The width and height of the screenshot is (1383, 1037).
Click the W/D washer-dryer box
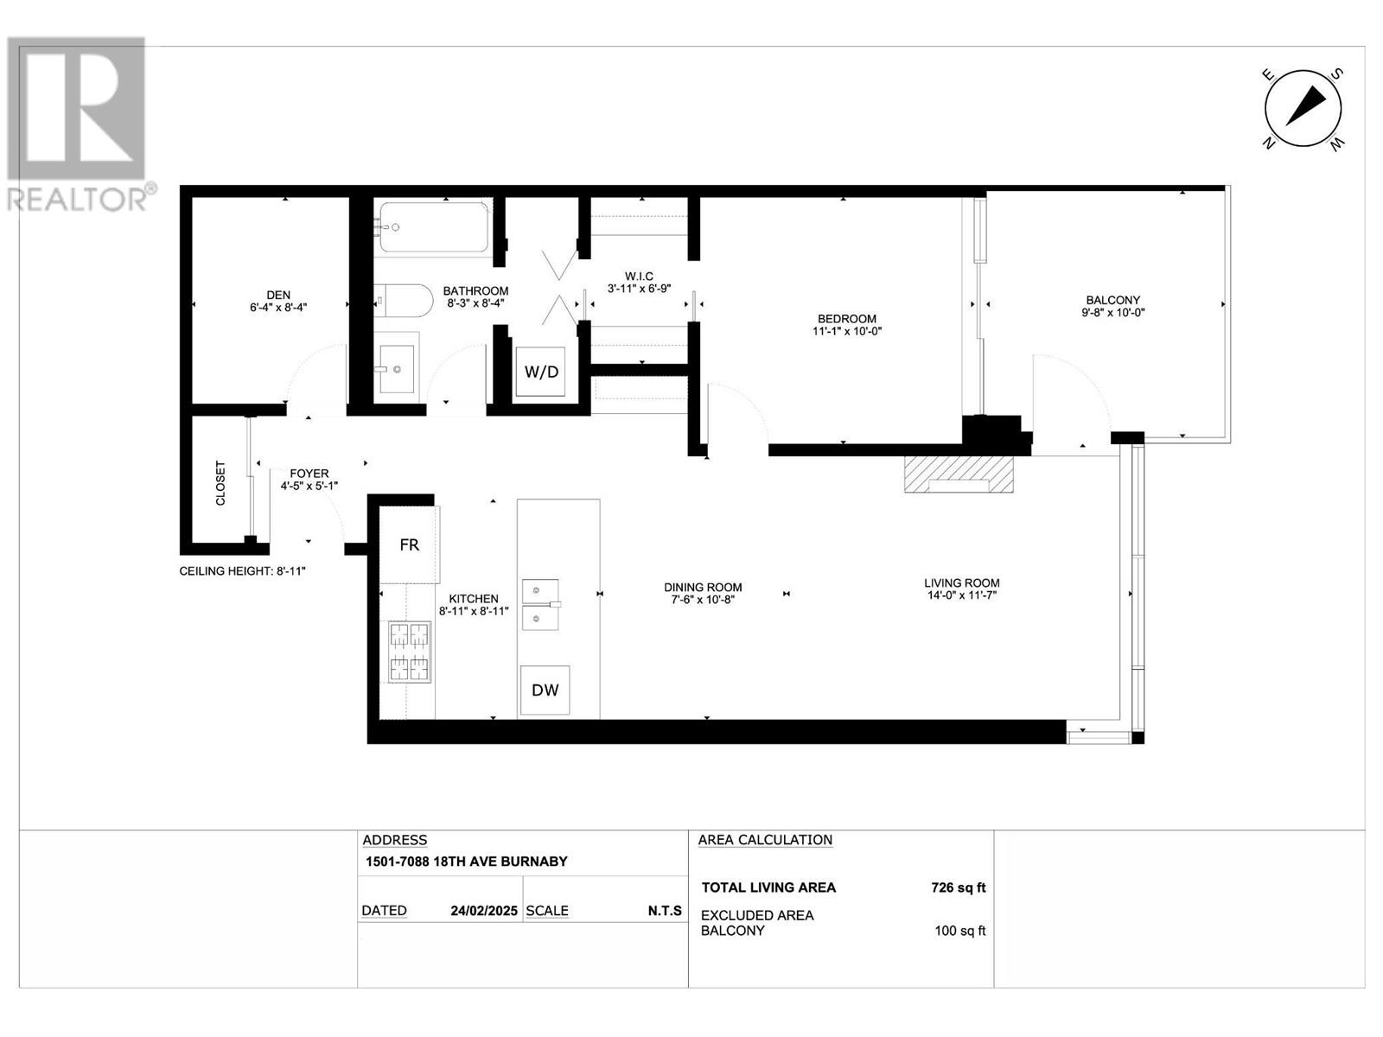pos(540,372)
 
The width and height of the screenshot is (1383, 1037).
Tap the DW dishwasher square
pos(545,690)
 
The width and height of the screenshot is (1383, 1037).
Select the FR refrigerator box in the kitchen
pos(409,544)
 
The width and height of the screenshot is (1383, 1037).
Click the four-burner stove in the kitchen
pos(410,652)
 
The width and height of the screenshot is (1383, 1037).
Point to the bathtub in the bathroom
pos(434,226)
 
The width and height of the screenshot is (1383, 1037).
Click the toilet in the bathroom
pos(404,300)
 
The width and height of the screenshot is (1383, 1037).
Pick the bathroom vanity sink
pos(396,369)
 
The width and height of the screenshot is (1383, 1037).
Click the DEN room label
pos(278,295)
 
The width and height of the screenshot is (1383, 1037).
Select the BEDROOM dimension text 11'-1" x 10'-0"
pos(847,331)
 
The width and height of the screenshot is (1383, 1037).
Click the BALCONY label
pos(1112,301)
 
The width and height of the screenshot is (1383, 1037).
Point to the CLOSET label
pos(220,483)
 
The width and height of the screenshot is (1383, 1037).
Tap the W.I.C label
pos(639,276)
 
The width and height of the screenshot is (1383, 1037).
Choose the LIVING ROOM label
pos(961,583)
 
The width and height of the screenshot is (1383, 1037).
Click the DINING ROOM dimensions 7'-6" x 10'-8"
pos(703,600)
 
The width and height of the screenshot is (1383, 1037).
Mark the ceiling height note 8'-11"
pos(242,571)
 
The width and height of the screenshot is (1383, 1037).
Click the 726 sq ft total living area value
pos(959,887)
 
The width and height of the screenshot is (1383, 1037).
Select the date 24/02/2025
pos(484,911)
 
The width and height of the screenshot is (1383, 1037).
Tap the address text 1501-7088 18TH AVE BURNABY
pos(466,862)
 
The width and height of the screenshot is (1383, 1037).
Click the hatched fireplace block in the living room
pos(959,474)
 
